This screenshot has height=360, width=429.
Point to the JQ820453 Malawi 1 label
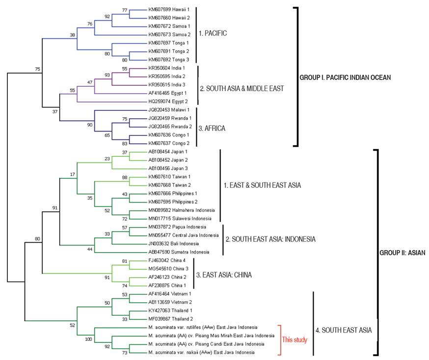[169, 110]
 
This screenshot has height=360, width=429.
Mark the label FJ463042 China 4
[167, 260]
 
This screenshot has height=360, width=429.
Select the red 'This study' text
[294, 339]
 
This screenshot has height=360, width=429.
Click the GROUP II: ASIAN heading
[402, 253]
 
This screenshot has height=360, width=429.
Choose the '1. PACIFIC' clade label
[213, 34]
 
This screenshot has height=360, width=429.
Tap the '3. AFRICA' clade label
[213, 129]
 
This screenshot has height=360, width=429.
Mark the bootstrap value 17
[73, 174]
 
